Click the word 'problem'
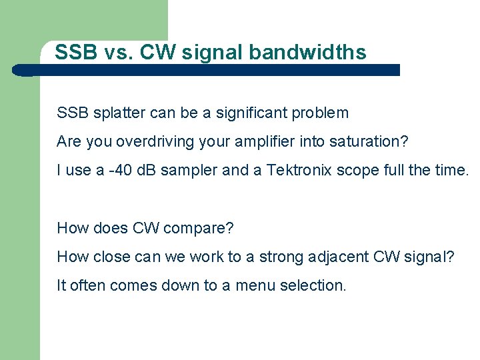(x=321, y=113)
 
